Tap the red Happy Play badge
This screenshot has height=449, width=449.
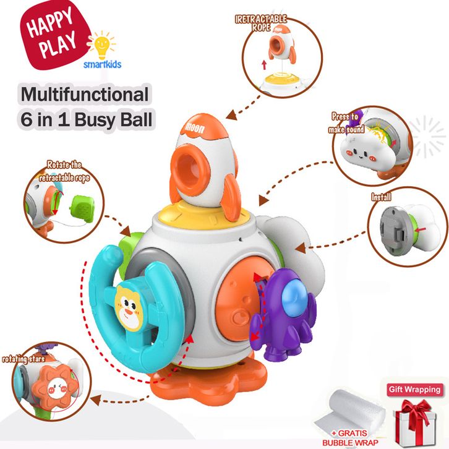click(54, 34)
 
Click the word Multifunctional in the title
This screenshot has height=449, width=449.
click(85, 95)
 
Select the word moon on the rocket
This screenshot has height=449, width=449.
click(195, 128)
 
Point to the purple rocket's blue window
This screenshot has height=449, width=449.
click(294, 296)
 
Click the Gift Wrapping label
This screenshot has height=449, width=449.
click(414, 390)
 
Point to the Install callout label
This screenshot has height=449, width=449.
click(381, 197)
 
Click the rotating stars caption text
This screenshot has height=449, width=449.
click(24, 359)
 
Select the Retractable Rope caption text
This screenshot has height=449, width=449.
click(261, 24)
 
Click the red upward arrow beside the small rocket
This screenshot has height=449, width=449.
click(264, 64)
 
